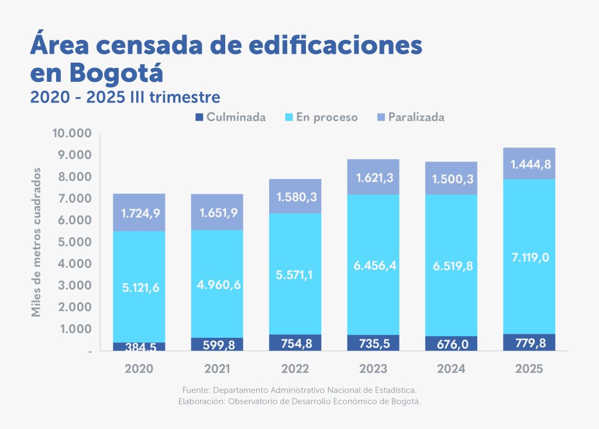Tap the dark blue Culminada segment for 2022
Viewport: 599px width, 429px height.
pos(295,343)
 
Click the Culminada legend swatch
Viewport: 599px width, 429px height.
pos(198,117)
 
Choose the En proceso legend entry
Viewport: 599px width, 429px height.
pos(326,117)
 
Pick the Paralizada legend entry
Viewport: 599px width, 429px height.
pos(416,117)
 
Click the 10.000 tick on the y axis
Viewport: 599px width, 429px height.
pos(73,133)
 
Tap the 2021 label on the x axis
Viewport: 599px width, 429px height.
pos(217,369)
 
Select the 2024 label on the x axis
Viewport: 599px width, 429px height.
pos(451,369)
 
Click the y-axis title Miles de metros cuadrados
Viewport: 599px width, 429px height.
pos(36,242)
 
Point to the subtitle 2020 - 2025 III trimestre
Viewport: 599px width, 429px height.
pos(125,96)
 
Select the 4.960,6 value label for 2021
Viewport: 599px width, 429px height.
pos(217,284)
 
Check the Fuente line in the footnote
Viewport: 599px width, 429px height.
pos(299,389)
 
